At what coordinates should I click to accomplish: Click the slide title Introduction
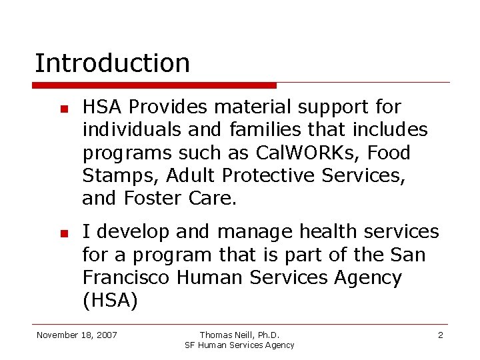tap(112, 63)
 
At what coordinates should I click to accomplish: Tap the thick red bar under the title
tap(154, 85)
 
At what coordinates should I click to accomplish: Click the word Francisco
tap(127, 277)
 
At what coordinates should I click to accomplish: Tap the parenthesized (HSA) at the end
tap(110, 301)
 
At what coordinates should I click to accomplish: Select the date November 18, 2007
tap(77, 335)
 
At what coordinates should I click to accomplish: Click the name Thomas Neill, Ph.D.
tap(239, 335)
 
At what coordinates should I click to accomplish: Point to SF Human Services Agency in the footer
tap(239, 345)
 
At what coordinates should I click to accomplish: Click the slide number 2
tap(440, 335)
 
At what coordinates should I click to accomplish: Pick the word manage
tap(256, 232)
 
